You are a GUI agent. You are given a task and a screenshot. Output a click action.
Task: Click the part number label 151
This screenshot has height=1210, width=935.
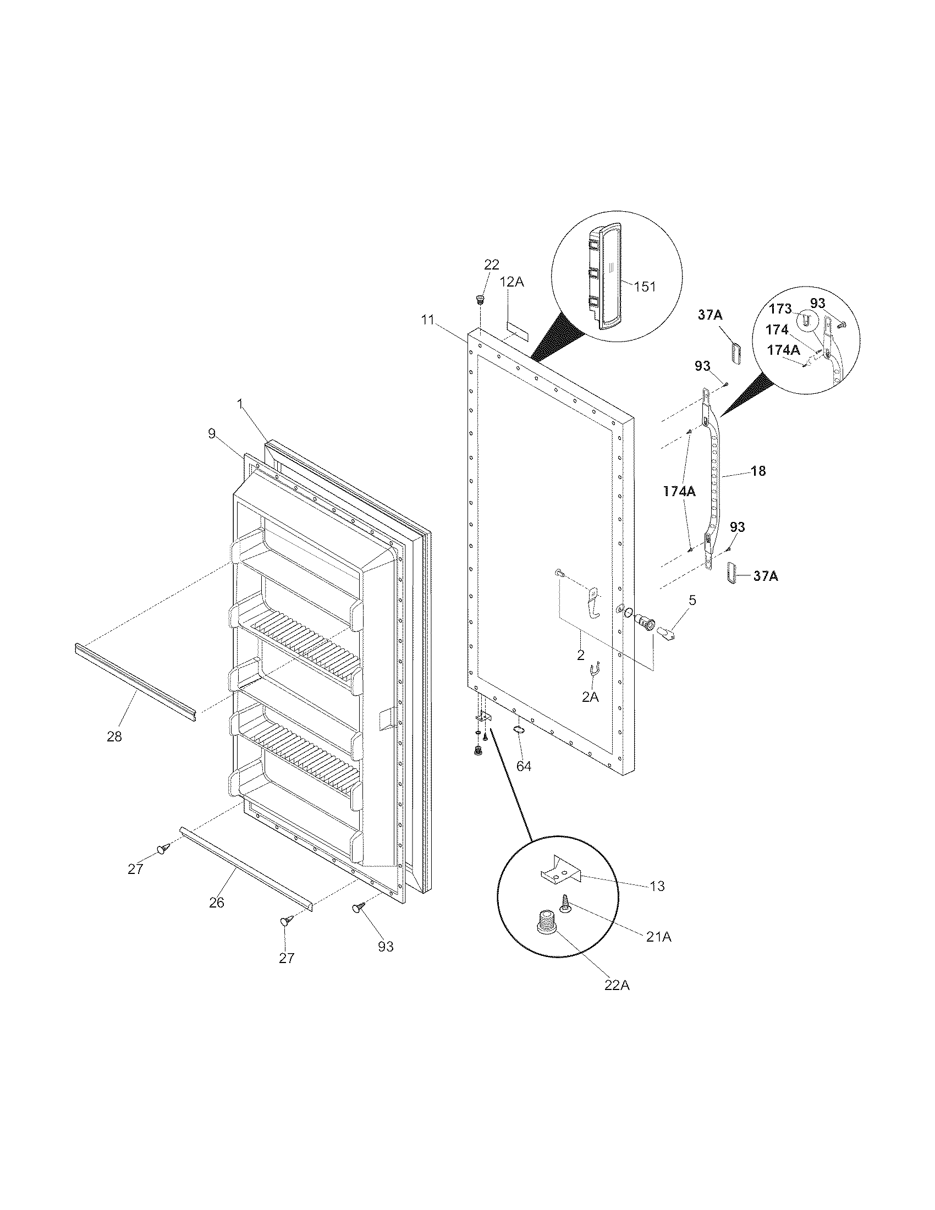point(645,287)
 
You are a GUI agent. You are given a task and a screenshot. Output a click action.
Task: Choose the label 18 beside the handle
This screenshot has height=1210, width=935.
point(758,471)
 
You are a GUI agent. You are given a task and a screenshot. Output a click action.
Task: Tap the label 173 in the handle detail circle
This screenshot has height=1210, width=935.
point(780,309)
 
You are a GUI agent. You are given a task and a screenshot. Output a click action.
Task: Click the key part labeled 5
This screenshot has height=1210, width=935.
point(665,631)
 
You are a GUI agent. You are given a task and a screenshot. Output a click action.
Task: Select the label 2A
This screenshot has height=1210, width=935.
point(590,697)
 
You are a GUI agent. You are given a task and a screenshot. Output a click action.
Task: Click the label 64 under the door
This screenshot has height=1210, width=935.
point(524,766)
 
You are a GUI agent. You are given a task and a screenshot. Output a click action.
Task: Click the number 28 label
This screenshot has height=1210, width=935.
point(114,737)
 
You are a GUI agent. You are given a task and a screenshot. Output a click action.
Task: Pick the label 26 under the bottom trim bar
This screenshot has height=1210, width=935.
point(217,903)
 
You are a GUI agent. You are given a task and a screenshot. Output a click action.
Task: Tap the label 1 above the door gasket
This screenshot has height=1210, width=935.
point(240,404)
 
